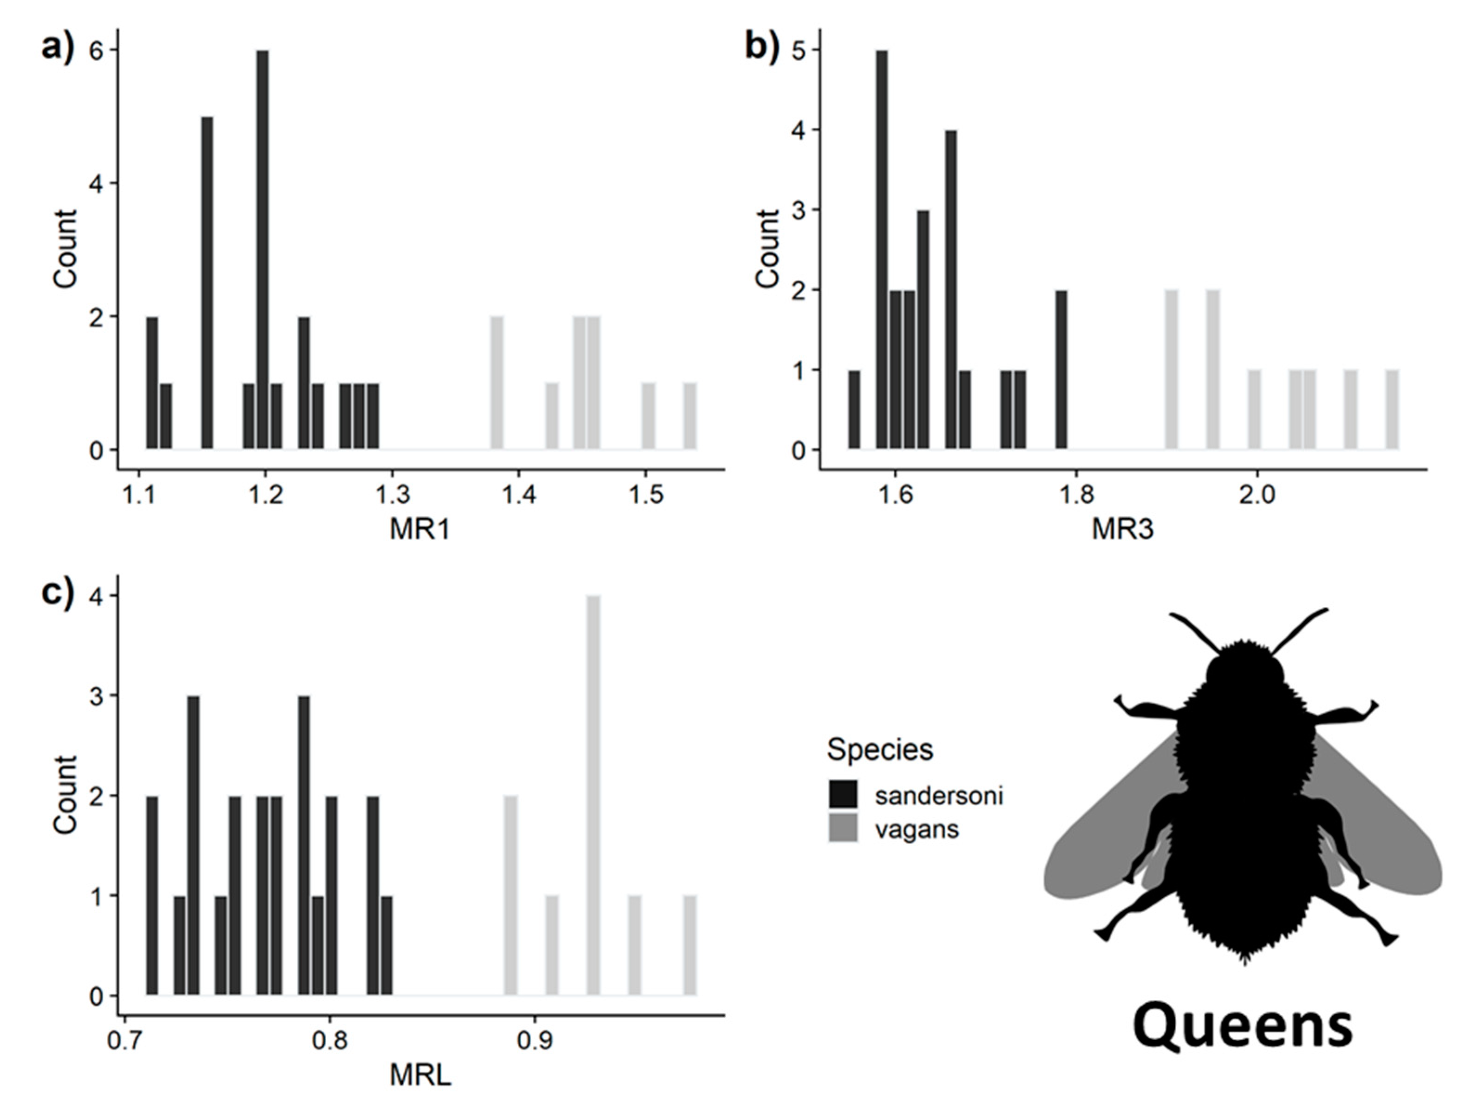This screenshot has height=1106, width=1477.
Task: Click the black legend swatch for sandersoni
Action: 843,795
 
